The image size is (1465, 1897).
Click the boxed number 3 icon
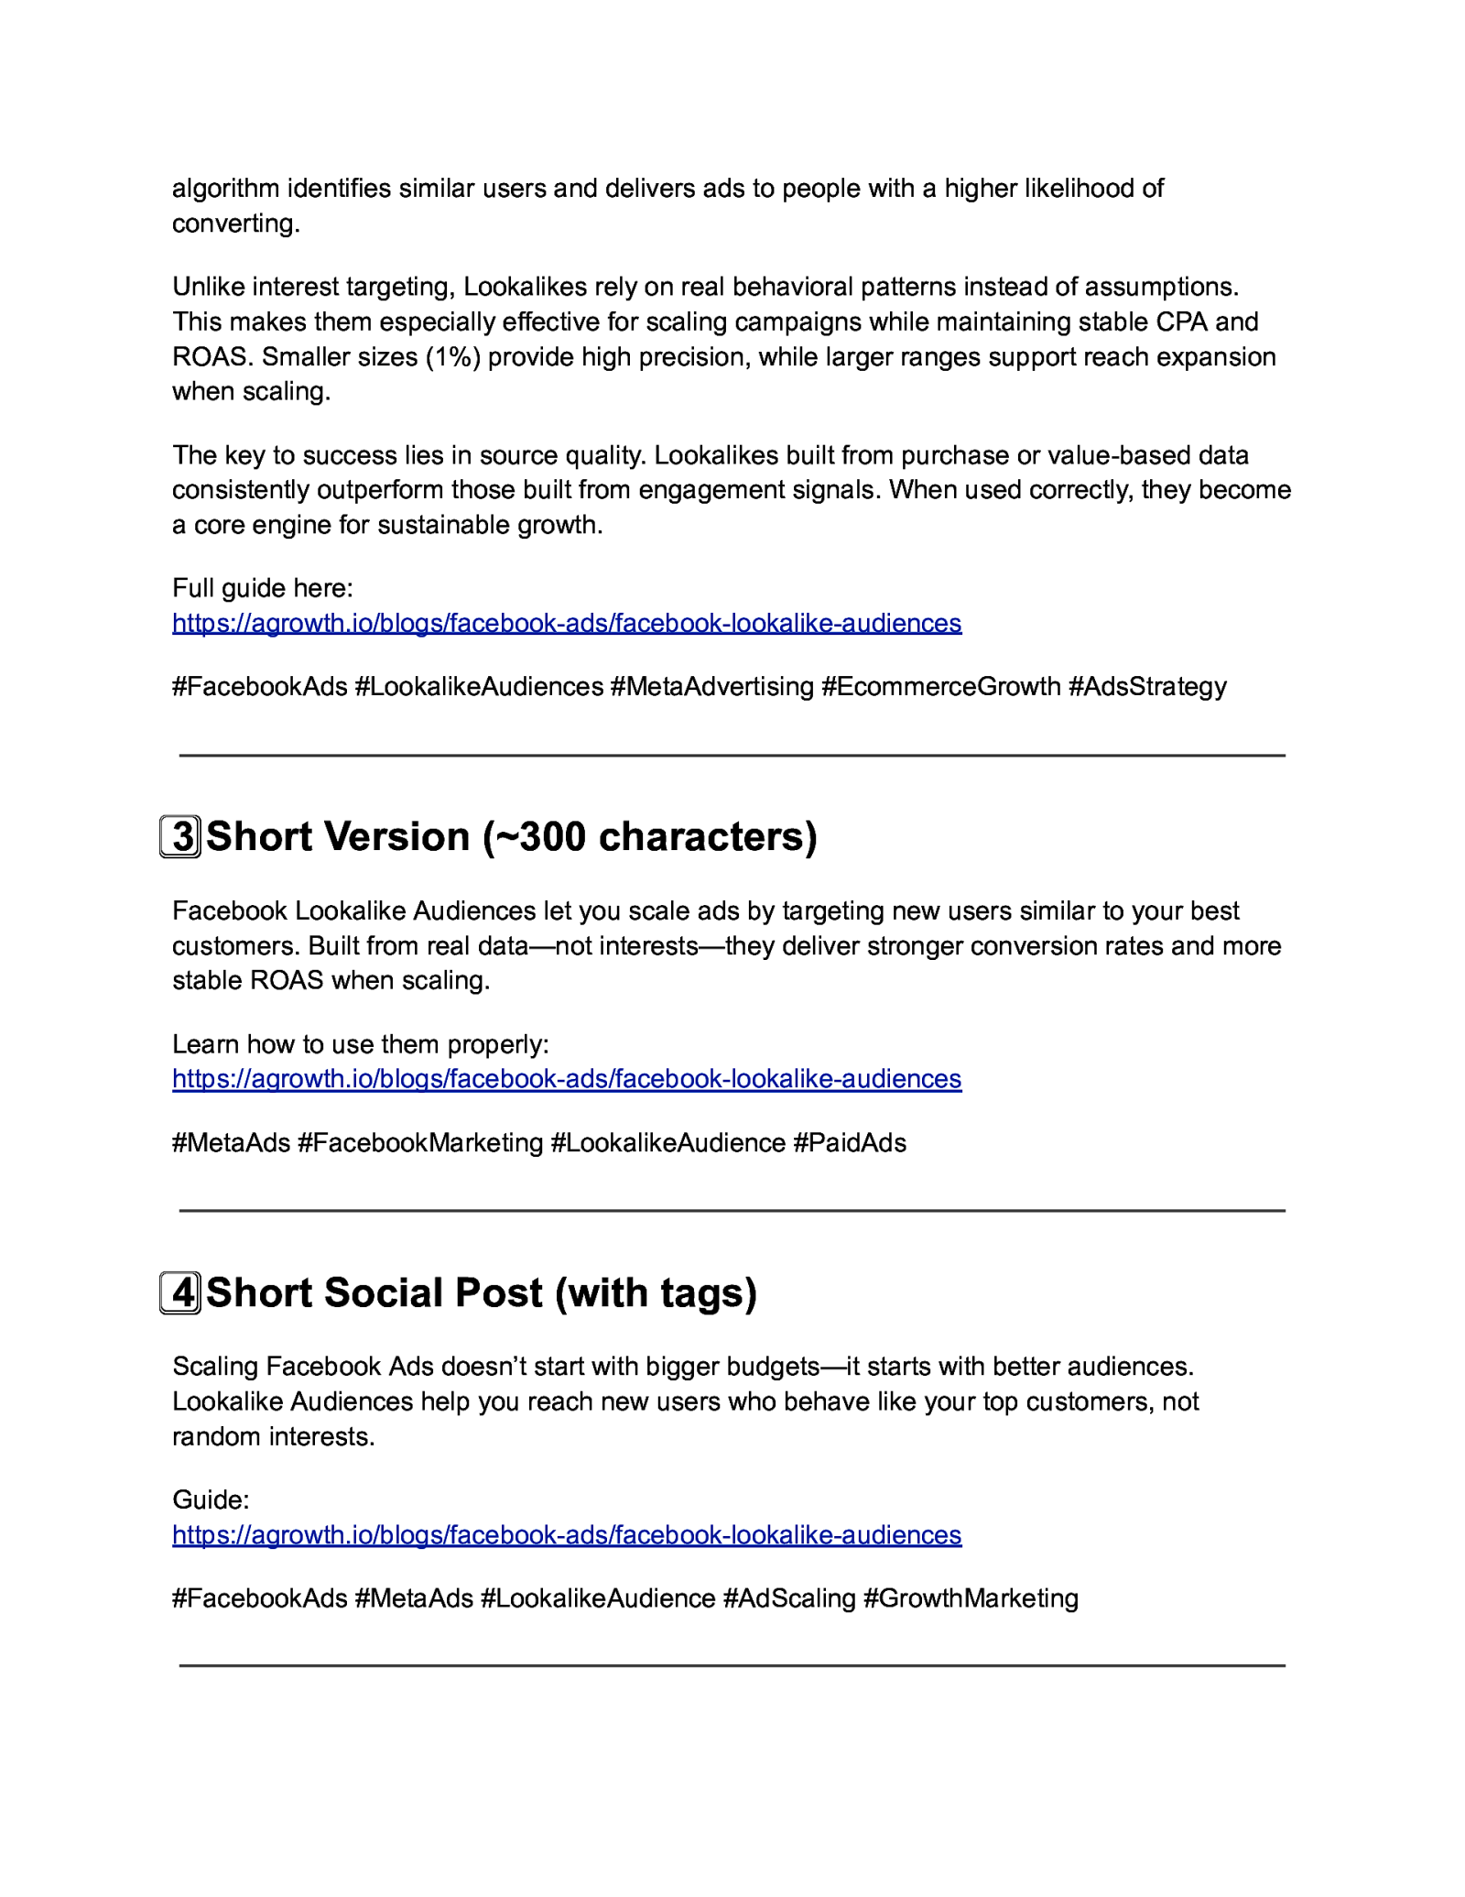tap(180, 836)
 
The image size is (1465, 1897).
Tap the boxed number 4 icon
tap(180, 1292)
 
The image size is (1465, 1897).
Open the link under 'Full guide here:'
tap(567, 623)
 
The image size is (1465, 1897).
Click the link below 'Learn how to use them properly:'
tap(567, 1079)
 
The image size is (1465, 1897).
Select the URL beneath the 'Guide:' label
tap(567, 1535)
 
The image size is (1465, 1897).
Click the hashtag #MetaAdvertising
tap(712, 687)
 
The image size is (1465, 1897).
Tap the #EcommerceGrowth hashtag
tap(941, 687)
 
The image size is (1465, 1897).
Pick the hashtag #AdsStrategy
tap(1147, 687)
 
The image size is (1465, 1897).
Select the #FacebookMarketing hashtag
tap(420, 1143)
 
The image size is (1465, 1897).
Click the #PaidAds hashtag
tap(850, 1143)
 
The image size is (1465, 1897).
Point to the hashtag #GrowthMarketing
tap(971, 1598)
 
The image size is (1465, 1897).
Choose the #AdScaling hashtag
tap(789, 1598)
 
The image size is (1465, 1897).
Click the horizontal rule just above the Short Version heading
tap(732, 756)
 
